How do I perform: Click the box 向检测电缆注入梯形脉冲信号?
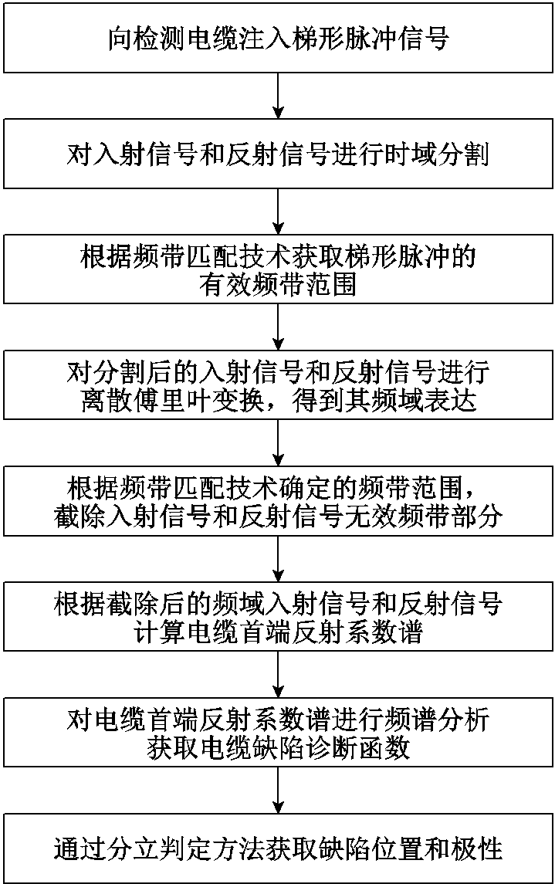point(277,39)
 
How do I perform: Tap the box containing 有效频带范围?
point(277,271)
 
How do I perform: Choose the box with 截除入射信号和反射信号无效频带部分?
point(277,503)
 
